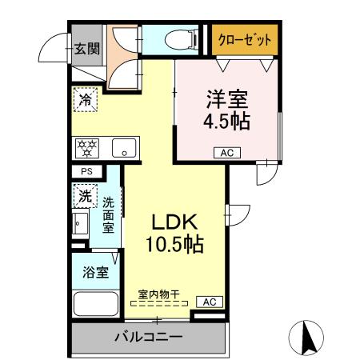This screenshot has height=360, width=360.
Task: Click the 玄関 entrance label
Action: (x=86, y=49)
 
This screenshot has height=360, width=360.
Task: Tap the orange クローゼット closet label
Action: (x=246, y=39)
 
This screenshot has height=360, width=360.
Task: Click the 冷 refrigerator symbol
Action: (x=85, y=100)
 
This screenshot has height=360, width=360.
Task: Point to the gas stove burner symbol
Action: (x=86, y=147)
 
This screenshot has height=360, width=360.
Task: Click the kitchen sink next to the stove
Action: (x=124, y=147)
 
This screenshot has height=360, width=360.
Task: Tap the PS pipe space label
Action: (x=86, y=171)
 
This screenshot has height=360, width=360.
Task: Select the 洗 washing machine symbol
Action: (x=85, y=195)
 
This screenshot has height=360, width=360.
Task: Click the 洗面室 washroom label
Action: (x=108, y=214)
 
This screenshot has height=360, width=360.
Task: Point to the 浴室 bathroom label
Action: (x=96, y=272)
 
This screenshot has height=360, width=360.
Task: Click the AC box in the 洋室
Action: (x=226, y=152)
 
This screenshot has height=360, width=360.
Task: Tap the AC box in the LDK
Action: (x=210, y=302)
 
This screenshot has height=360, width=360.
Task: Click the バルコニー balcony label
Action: (x=147, y=336)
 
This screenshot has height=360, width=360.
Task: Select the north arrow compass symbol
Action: (x=306, y=337)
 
